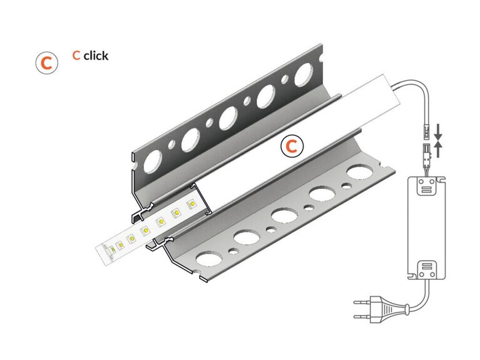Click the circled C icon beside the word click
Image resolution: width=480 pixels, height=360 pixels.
[x=46, y=63]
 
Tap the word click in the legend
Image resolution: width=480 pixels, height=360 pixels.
[x=96, y=56]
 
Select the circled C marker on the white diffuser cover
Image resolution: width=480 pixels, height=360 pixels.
[x=292, y=146]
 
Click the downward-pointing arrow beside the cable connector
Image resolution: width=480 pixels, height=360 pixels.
[x=438, y=132]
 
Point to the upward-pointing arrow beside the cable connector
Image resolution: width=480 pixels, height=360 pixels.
[x=438, y=150]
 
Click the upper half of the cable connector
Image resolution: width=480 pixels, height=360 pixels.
[x=426, y=131]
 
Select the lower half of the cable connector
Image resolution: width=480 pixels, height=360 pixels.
[x=426, y=152]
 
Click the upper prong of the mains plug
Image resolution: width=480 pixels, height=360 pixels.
[x=363, y=302]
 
